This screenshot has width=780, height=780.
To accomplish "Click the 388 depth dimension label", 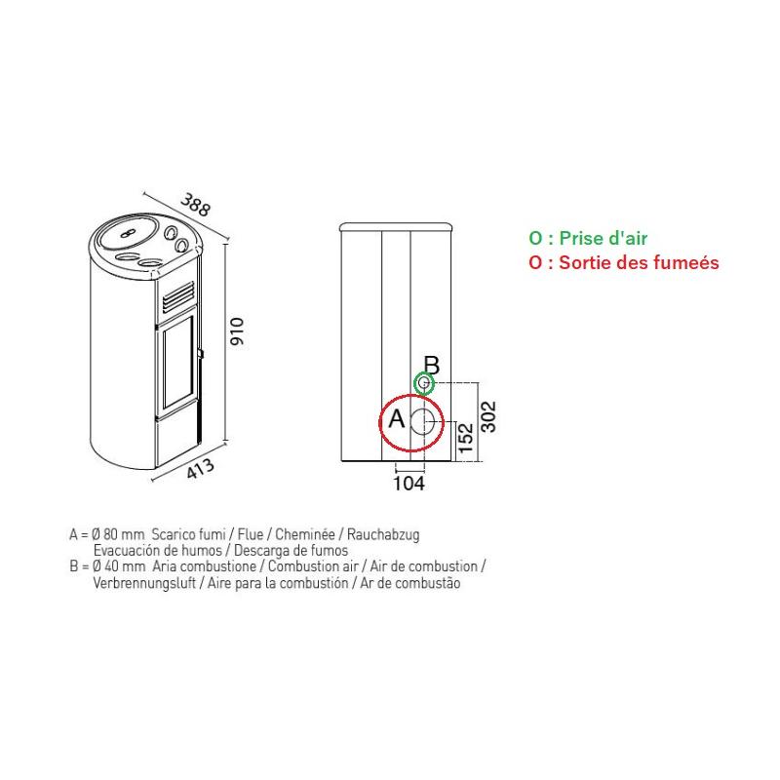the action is (x=196, y=205).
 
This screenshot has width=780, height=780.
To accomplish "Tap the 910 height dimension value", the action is (x=237, y=331).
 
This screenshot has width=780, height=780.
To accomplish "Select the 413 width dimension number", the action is (x=201, y=468).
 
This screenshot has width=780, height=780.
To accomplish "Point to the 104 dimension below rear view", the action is (x=409, y=483).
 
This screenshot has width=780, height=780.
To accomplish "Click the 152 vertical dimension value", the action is (x=466, y=438).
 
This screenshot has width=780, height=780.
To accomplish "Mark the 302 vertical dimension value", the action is (x=489, y=416).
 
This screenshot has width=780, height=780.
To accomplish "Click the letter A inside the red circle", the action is (x=397, y=418).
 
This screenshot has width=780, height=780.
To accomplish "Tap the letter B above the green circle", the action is (x=431, y=365).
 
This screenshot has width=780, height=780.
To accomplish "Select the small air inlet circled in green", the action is (x=424, y=383).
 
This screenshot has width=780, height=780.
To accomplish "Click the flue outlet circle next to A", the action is (x=426, y=422).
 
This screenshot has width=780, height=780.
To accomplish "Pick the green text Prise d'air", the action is (x=603, y=238).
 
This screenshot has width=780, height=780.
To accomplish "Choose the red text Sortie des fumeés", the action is (x=639, y=262).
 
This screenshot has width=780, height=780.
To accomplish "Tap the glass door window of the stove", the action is (x=177, y=363).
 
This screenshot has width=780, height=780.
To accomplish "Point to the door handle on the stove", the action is (x=201, y=353).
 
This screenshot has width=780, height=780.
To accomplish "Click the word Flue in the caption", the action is (x=251, y=534).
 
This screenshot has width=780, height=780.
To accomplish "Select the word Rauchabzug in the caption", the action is (x=383, y=534).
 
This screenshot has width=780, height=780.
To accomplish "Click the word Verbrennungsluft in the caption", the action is (x=144, y=583).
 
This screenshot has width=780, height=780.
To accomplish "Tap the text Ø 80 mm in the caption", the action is (x=118, y=534).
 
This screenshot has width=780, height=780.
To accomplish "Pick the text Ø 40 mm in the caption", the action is (x=118, y=566).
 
